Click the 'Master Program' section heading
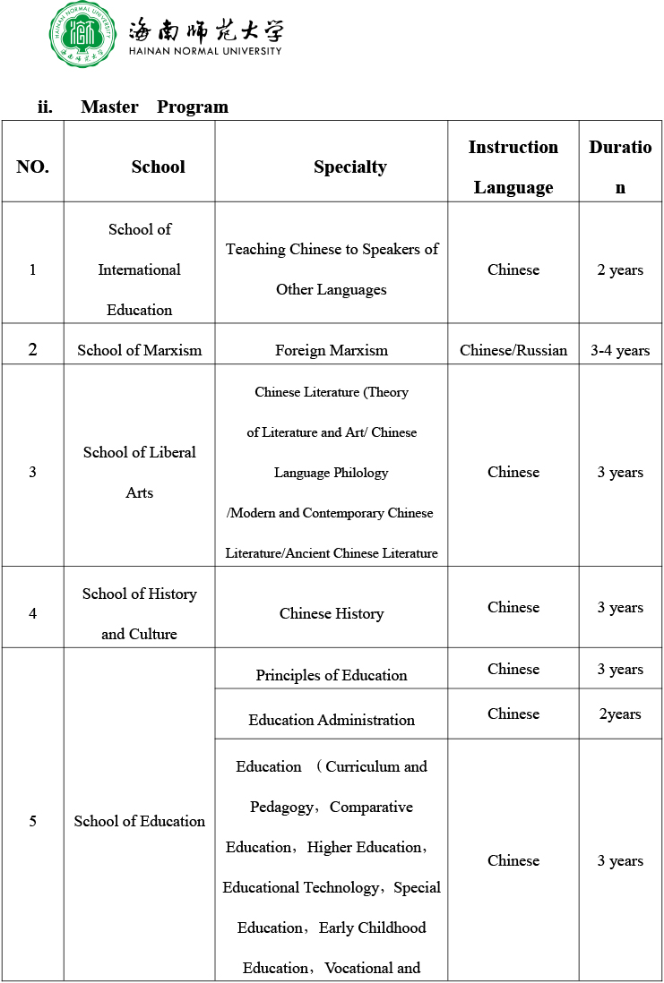point(154,107)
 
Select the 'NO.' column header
point(32,167)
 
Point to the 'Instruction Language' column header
point(513,167)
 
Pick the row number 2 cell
point(32,349)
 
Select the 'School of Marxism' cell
point(139,350)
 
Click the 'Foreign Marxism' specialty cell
point(332,350)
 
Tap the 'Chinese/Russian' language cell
point(513,350)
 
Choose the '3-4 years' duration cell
point(620,350)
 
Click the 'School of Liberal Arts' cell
point(139,472)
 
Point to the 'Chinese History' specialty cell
point(332,613)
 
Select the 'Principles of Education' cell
point(332,675)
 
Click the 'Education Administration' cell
point(332,720)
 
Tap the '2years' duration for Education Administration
point(620,714)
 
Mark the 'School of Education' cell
point(139,821)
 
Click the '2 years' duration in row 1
point(620,269)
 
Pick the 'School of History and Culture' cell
point(139,613)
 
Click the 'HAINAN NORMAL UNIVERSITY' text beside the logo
point(205,51)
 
